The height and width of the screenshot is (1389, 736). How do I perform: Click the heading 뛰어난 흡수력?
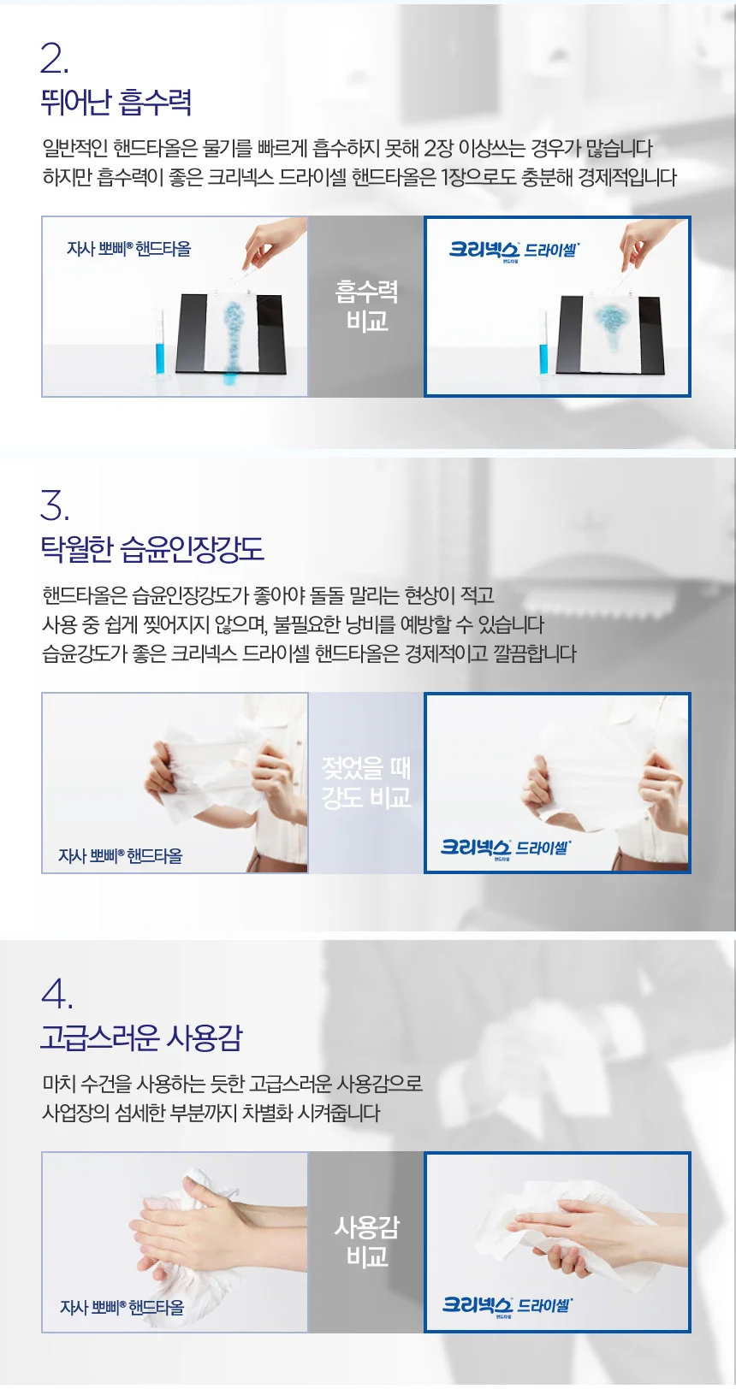pos(116,103)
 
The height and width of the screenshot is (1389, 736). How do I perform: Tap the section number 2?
pos(54,60)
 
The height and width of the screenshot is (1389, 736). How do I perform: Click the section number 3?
pos(55,505)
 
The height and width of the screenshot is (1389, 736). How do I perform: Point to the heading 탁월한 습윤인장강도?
pos(152,549)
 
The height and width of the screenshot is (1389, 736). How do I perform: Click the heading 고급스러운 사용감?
pos(141,1037)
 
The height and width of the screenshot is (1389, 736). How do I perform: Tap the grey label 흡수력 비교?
pos(367,306)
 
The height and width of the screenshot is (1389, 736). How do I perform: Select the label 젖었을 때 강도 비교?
pos(367,783)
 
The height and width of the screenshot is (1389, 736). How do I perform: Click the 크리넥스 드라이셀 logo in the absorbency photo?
pos(514,251)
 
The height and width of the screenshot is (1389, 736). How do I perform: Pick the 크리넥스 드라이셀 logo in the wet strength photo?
pos(505,848)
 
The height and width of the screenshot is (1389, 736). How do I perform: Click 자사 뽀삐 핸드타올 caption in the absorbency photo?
pos(129,249)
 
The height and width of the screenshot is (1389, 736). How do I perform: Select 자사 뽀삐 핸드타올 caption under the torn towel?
pos(121,855)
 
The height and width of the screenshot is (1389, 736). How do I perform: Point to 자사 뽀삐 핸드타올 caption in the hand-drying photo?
pos(122,1307)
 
